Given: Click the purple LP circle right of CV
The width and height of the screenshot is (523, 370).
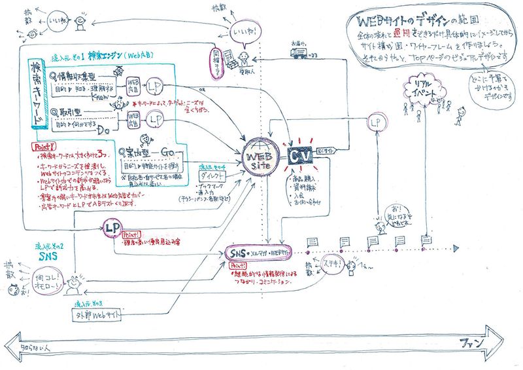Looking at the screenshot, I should click(375, 122).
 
